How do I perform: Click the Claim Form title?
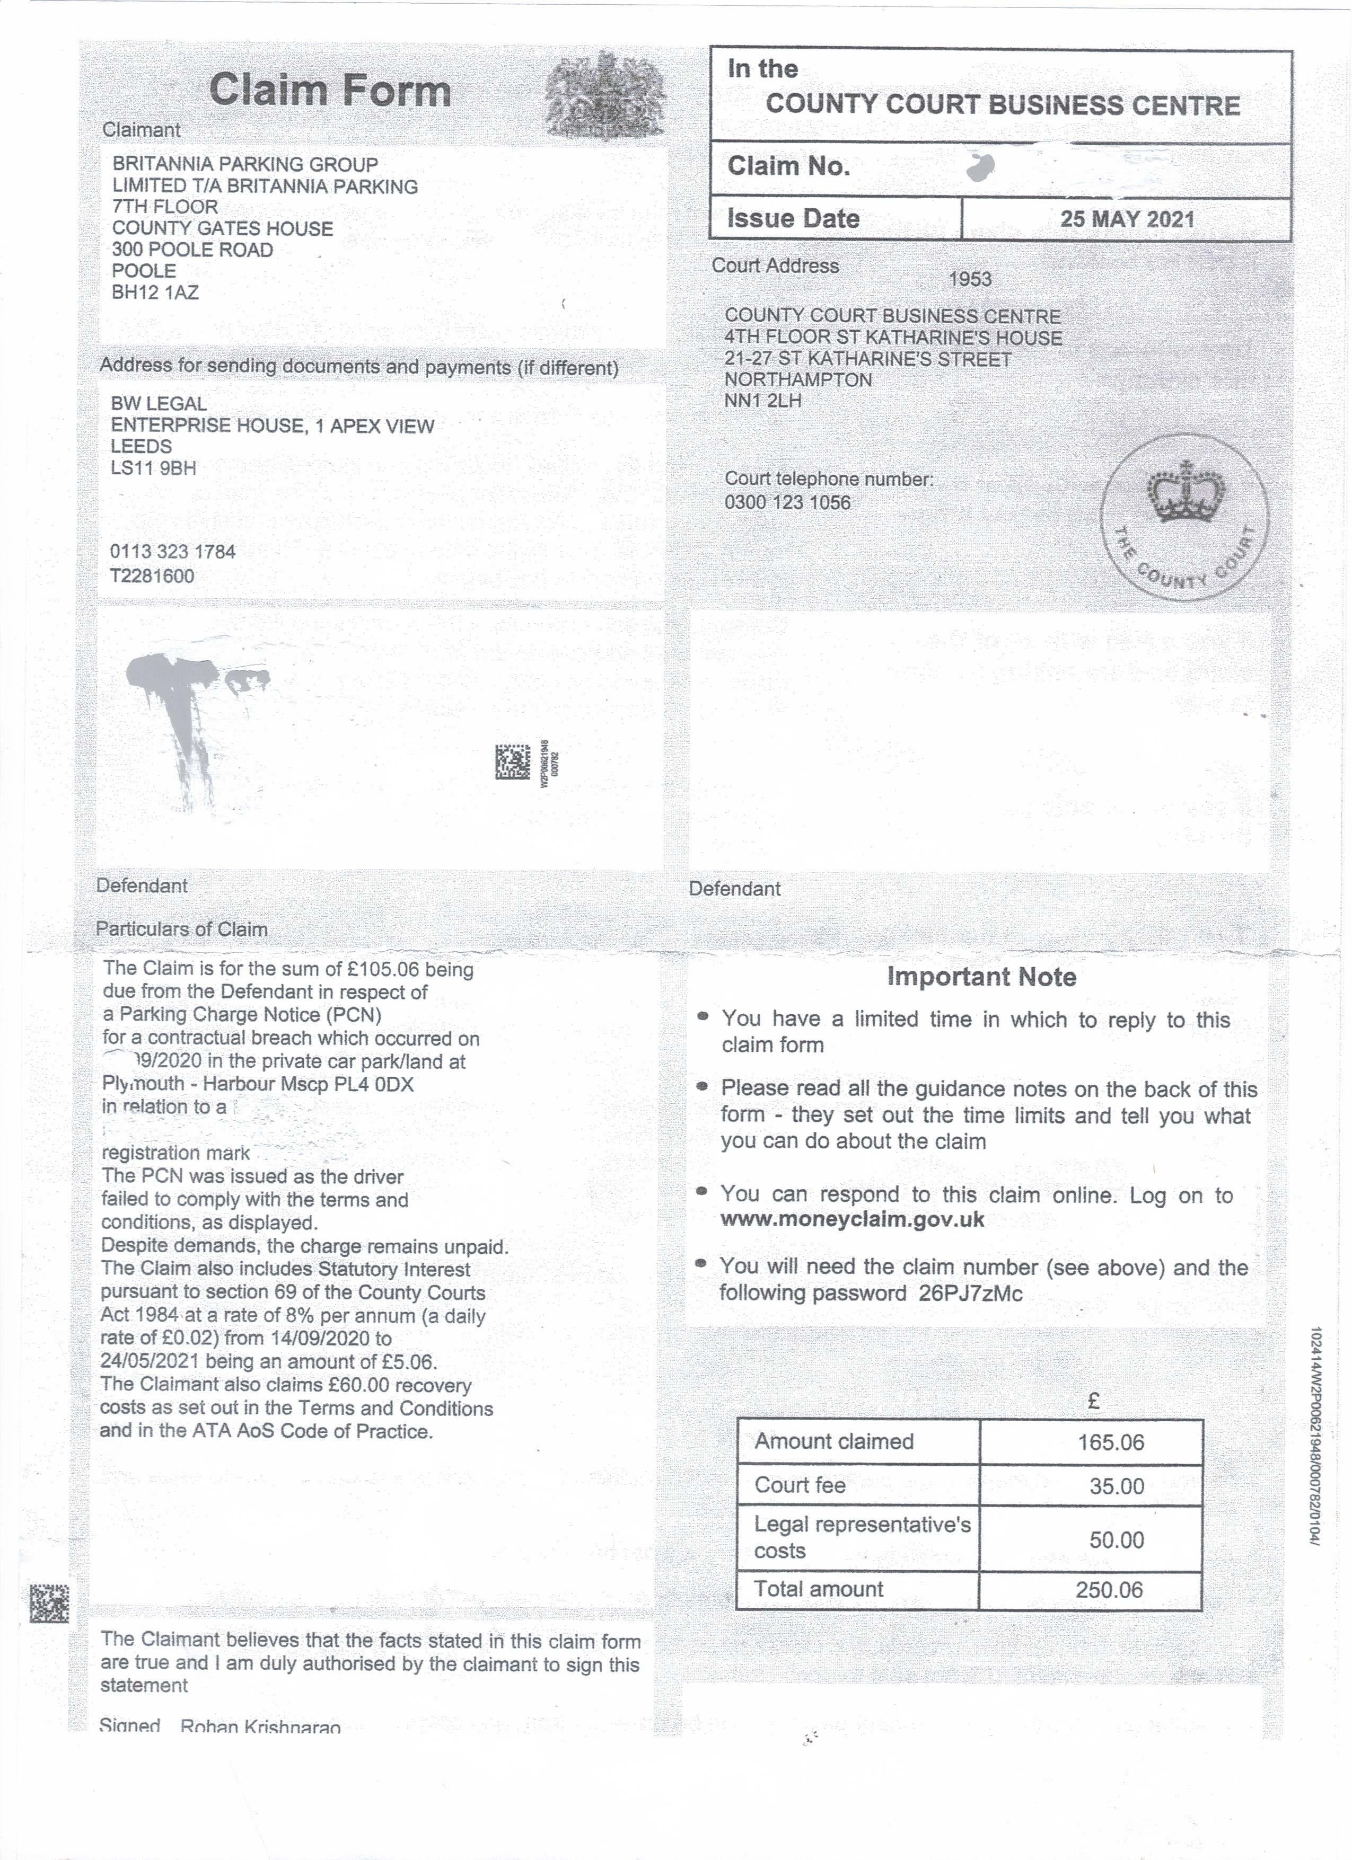click(x=330, y=90)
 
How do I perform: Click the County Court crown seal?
click(x=1184, y=517)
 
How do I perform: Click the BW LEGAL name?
click(x=159, y=403)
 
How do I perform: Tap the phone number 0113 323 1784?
click(x=172, y=551)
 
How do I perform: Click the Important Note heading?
click(x=981, y=977)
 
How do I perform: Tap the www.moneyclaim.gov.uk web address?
click(x=851, y=1219)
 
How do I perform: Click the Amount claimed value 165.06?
click(x=1110, y=1442)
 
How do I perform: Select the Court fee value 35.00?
click(x=1116, y=1486)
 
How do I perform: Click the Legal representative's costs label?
click(x=862, y=1537)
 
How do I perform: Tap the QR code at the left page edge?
click(x=49, y=1604)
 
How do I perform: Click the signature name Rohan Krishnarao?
click(x=260, y=1726)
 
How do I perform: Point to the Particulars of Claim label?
click(x=181, y=929)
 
